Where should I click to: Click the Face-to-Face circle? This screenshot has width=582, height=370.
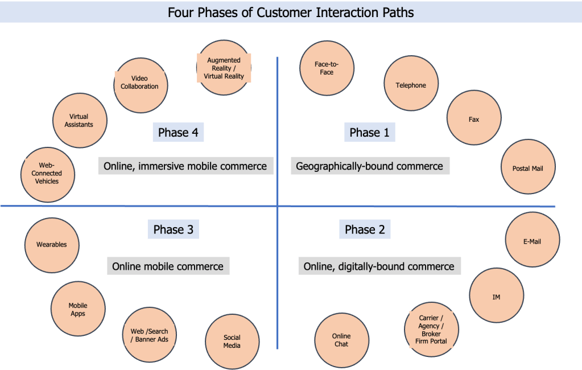tap(327, 68)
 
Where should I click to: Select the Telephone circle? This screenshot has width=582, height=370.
tap(411, 85)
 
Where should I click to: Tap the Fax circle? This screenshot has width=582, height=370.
tap(474, 119)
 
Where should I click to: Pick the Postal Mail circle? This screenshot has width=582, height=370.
tap(529, 168)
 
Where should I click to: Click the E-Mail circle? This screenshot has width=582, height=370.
tap(533, 241)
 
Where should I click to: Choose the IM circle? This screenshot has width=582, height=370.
tap(497, 296)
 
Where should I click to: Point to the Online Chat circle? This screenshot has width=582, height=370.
tap(342, 340)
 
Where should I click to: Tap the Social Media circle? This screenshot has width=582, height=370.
tap(232, 341)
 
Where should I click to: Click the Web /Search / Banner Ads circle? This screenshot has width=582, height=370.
tap(150, 335)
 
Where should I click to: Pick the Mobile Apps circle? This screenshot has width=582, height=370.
tap(78, 309)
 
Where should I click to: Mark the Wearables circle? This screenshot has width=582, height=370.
tap(52, 245)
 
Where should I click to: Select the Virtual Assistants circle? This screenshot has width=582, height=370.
tap(79, 120)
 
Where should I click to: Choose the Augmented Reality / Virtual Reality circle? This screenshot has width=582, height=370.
tap(224, 68)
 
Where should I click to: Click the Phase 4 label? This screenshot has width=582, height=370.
tap(178, 133)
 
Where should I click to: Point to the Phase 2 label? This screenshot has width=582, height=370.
tap(365, 229)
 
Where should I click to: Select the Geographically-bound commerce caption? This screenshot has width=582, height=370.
tap(370, 166)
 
